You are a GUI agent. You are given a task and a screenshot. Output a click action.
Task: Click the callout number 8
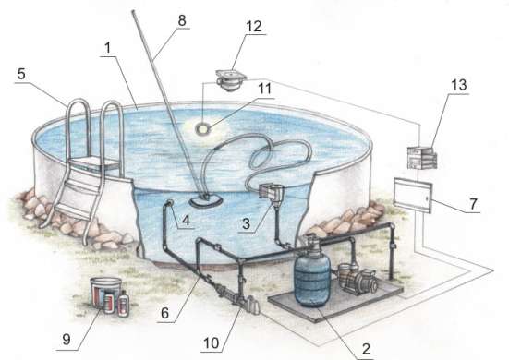(182, 20)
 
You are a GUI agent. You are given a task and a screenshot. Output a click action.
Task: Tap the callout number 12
(254, 26)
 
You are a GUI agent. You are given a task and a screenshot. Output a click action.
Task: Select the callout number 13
(459, 85)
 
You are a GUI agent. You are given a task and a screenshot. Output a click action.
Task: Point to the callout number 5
(21, 74)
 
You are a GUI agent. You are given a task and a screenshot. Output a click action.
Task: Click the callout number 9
(67, 340)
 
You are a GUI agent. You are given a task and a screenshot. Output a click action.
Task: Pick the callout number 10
(212, 342)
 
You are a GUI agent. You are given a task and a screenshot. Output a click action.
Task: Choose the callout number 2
(366, 349)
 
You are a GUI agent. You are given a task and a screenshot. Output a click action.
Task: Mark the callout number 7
(473, 204)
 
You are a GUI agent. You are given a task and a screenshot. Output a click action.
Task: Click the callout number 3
(246, 223)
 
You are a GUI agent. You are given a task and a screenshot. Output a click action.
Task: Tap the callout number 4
(186, 221)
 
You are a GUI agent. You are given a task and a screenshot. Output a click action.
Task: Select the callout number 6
(165, 313)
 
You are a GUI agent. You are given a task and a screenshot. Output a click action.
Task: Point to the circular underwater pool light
(203, 128)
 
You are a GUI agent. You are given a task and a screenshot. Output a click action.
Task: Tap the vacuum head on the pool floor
(205, 201)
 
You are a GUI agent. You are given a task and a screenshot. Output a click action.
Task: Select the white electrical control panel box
(413, 196)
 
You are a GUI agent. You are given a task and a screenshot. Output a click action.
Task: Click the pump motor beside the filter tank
(358, 280)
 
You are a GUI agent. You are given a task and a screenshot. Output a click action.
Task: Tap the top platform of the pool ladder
(95, 164)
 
